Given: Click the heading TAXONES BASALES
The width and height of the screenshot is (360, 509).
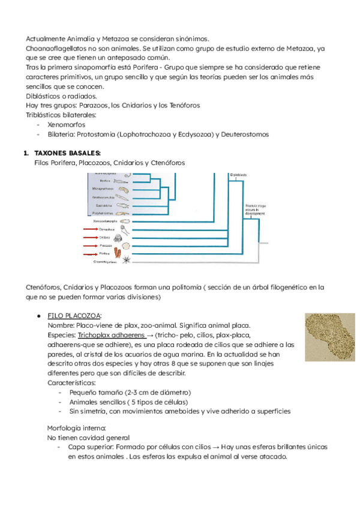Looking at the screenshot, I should click(67, 153).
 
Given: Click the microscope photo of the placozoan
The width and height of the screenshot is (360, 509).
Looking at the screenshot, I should click(328, 338).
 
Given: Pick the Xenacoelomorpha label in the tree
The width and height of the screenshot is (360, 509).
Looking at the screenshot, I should click(105, 221).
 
